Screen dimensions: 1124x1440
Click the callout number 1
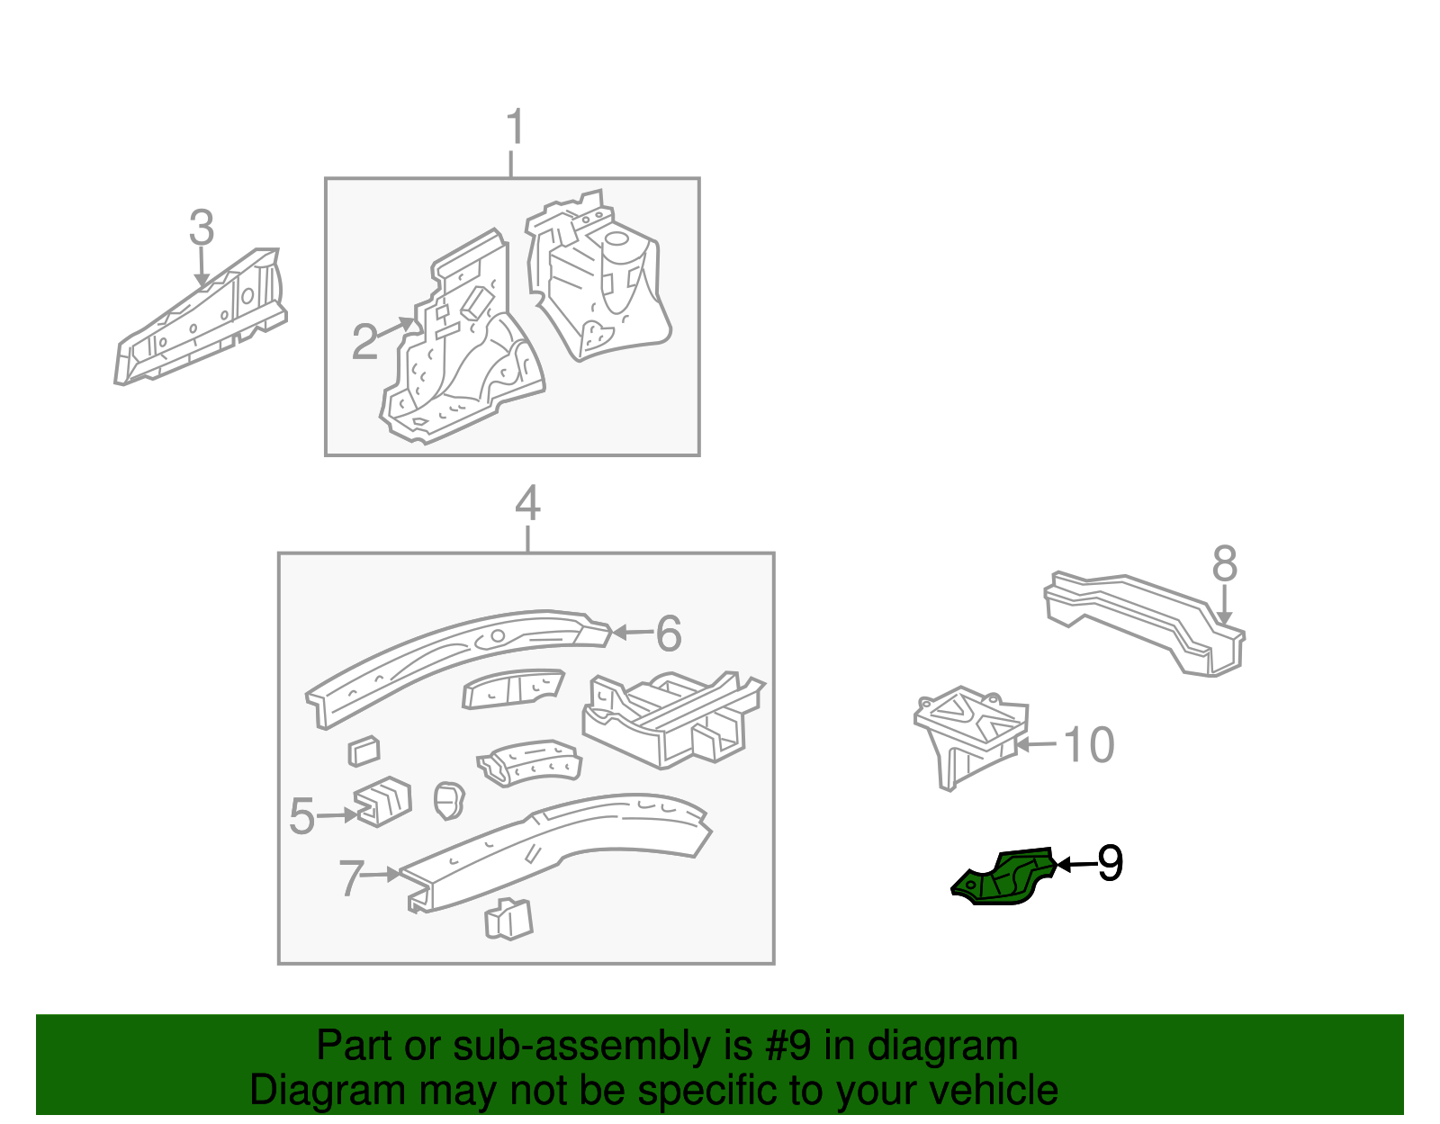pyautogui.click(x=514, y=128)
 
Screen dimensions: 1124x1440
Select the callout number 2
pyautogui.click(x=364, y=342)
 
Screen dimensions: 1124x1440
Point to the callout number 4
pyautogui.click(x=527, y=504)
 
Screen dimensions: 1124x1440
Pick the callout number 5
pyautogui.click(x=301, y=817)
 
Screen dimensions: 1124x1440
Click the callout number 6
pyautogui.click(x=668, y=634)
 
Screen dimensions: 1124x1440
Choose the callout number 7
pyautogui.click(x=351, y=878)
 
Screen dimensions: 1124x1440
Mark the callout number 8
pyautogui.click(x=1224, y=564)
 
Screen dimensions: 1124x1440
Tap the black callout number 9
pyautogui.click(x=1111, y=864)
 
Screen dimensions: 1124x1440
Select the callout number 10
pyautogui.click(x=1089, y=745)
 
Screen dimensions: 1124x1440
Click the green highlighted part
pyautogui.click(x=1006, y=878)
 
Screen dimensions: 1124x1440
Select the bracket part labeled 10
pyautogui.click(x=967, y=733)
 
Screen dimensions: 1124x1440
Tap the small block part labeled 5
pyautogui.click(x=383, y=801)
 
